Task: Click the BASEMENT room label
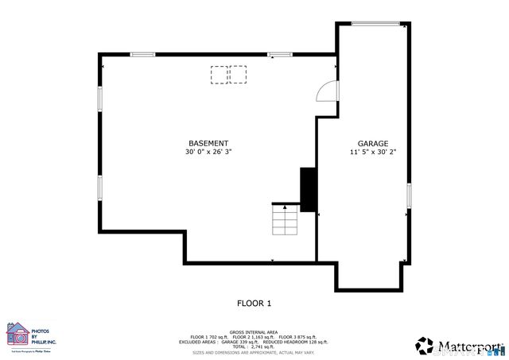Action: click(x=208, y=143)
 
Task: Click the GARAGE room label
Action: click(x=372, y=143)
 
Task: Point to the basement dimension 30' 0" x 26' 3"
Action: click(x=208, y=152)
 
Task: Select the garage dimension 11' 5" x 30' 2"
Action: click(x=373, y=152)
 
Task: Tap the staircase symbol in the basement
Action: click(x=284, y=219)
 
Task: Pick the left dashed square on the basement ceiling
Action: click(x=219, y=75)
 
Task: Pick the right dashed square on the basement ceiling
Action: click(x=238, y=75)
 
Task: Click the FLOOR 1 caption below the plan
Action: click(x=254, y=303)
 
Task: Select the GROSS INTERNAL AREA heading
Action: click(x=254, y=331)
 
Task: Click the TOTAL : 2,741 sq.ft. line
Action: click(x=254, y=346)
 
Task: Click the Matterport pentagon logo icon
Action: click(x=425, y=346)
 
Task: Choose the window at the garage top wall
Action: click(x=375, y=24)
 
